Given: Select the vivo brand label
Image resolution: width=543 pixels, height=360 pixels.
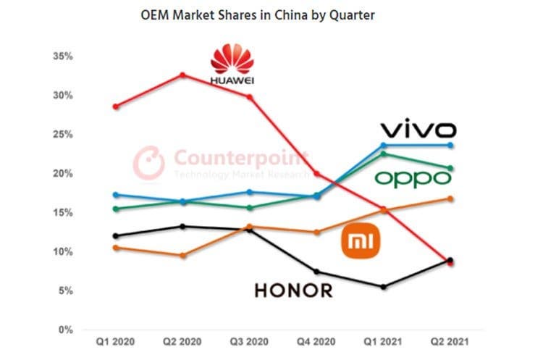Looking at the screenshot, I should click(x=418, y=130).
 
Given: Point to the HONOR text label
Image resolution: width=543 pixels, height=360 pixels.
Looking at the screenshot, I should click(x=293, y=290).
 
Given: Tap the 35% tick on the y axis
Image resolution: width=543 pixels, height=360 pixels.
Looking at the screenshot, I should click(x=63, y=56).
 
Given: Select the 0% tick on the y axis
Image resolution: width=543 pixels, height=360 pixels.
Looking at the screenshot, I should click(x=65, y=330).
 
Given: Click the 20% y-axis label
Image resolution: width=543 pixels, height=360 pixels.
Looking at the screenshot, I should click(x=63, y=174).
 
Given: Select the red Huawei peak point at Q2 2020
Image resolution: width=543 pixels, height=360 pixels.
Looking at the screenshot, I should click(x=182, y=75).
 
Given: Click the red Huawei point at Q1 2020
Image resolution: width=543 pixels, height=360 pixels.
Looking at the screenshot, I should click(x=116, y=106).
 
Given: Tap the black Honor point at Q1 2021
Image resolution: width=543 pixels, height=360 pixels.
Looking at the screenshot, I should click(x=384, y=287).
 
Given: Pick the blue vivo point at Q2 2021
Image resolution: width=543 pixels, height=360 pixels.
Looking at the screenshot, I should click(x=450, y=146).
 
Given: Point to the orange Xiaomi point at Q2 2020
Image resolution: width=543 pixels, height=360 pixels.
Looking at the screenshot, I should click(x=182, y=256).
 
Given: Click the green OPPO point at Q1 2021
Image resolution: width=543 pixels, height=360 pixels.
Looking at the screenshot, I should click(x=384, y=154).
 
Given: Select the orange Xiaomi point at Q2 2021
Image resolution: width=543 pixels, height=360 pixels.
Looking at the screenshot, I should click(x=450, y=198).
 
